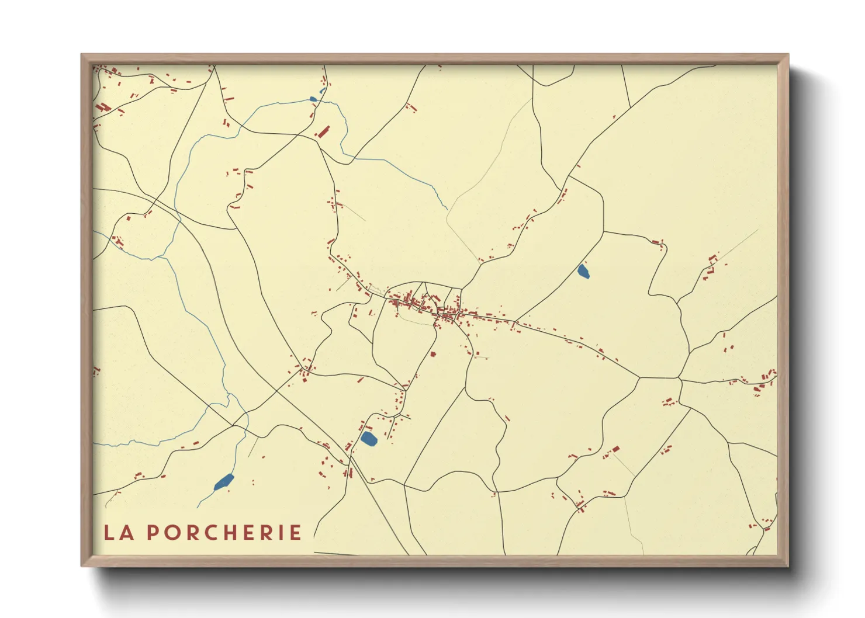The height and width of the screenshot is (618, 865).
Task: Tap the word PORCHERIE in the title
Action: click(x=224, y=533)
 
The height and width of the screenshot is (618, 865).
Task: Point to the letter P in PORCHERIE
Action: click(x=151, y=533)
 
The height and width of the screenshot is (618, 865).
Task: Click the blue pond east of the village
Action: click(x=583, y=271)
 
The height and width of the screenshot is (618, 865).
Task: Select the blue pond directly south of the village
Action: click(x=368, y=438)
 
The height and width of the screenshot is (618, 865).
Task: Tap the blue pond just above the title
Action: click(x=224, y=482)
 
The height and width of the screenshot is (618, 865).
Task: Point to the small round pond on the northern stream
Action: click(x=313, y=99)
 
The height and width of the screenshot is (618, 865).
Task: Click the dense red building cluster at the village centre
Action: click(x=447, y=316)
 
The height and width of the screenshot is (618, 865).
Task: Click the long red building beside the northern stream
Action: click(x=323, y=131)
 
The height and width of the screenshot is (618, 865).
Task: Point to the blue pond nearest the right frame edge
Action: click(x=583, y=271)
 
